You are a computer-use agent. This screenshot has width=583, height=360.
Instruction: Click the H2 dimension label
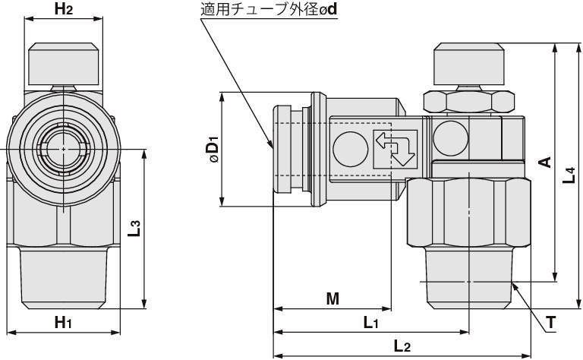point(64,10)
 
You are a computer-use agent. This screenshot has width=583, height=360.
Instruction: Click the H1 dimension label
point(64,322)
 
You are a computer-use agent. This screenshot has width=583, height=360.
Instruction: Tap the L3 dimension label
point(134,228)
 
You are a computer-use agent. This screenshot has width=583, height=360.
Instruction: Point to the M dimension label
point(332,298)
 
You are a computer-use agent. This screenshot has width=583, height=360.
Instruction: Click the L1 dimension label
point(370,323)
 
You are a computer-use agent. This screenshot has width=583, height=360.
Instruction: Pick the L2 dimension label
point(402,346)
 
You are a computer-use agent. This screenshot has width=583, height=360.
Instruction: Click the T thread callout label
point(552,323)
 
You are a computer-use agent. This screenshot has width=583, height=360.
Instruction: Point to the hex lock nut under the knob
point(468,102)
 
